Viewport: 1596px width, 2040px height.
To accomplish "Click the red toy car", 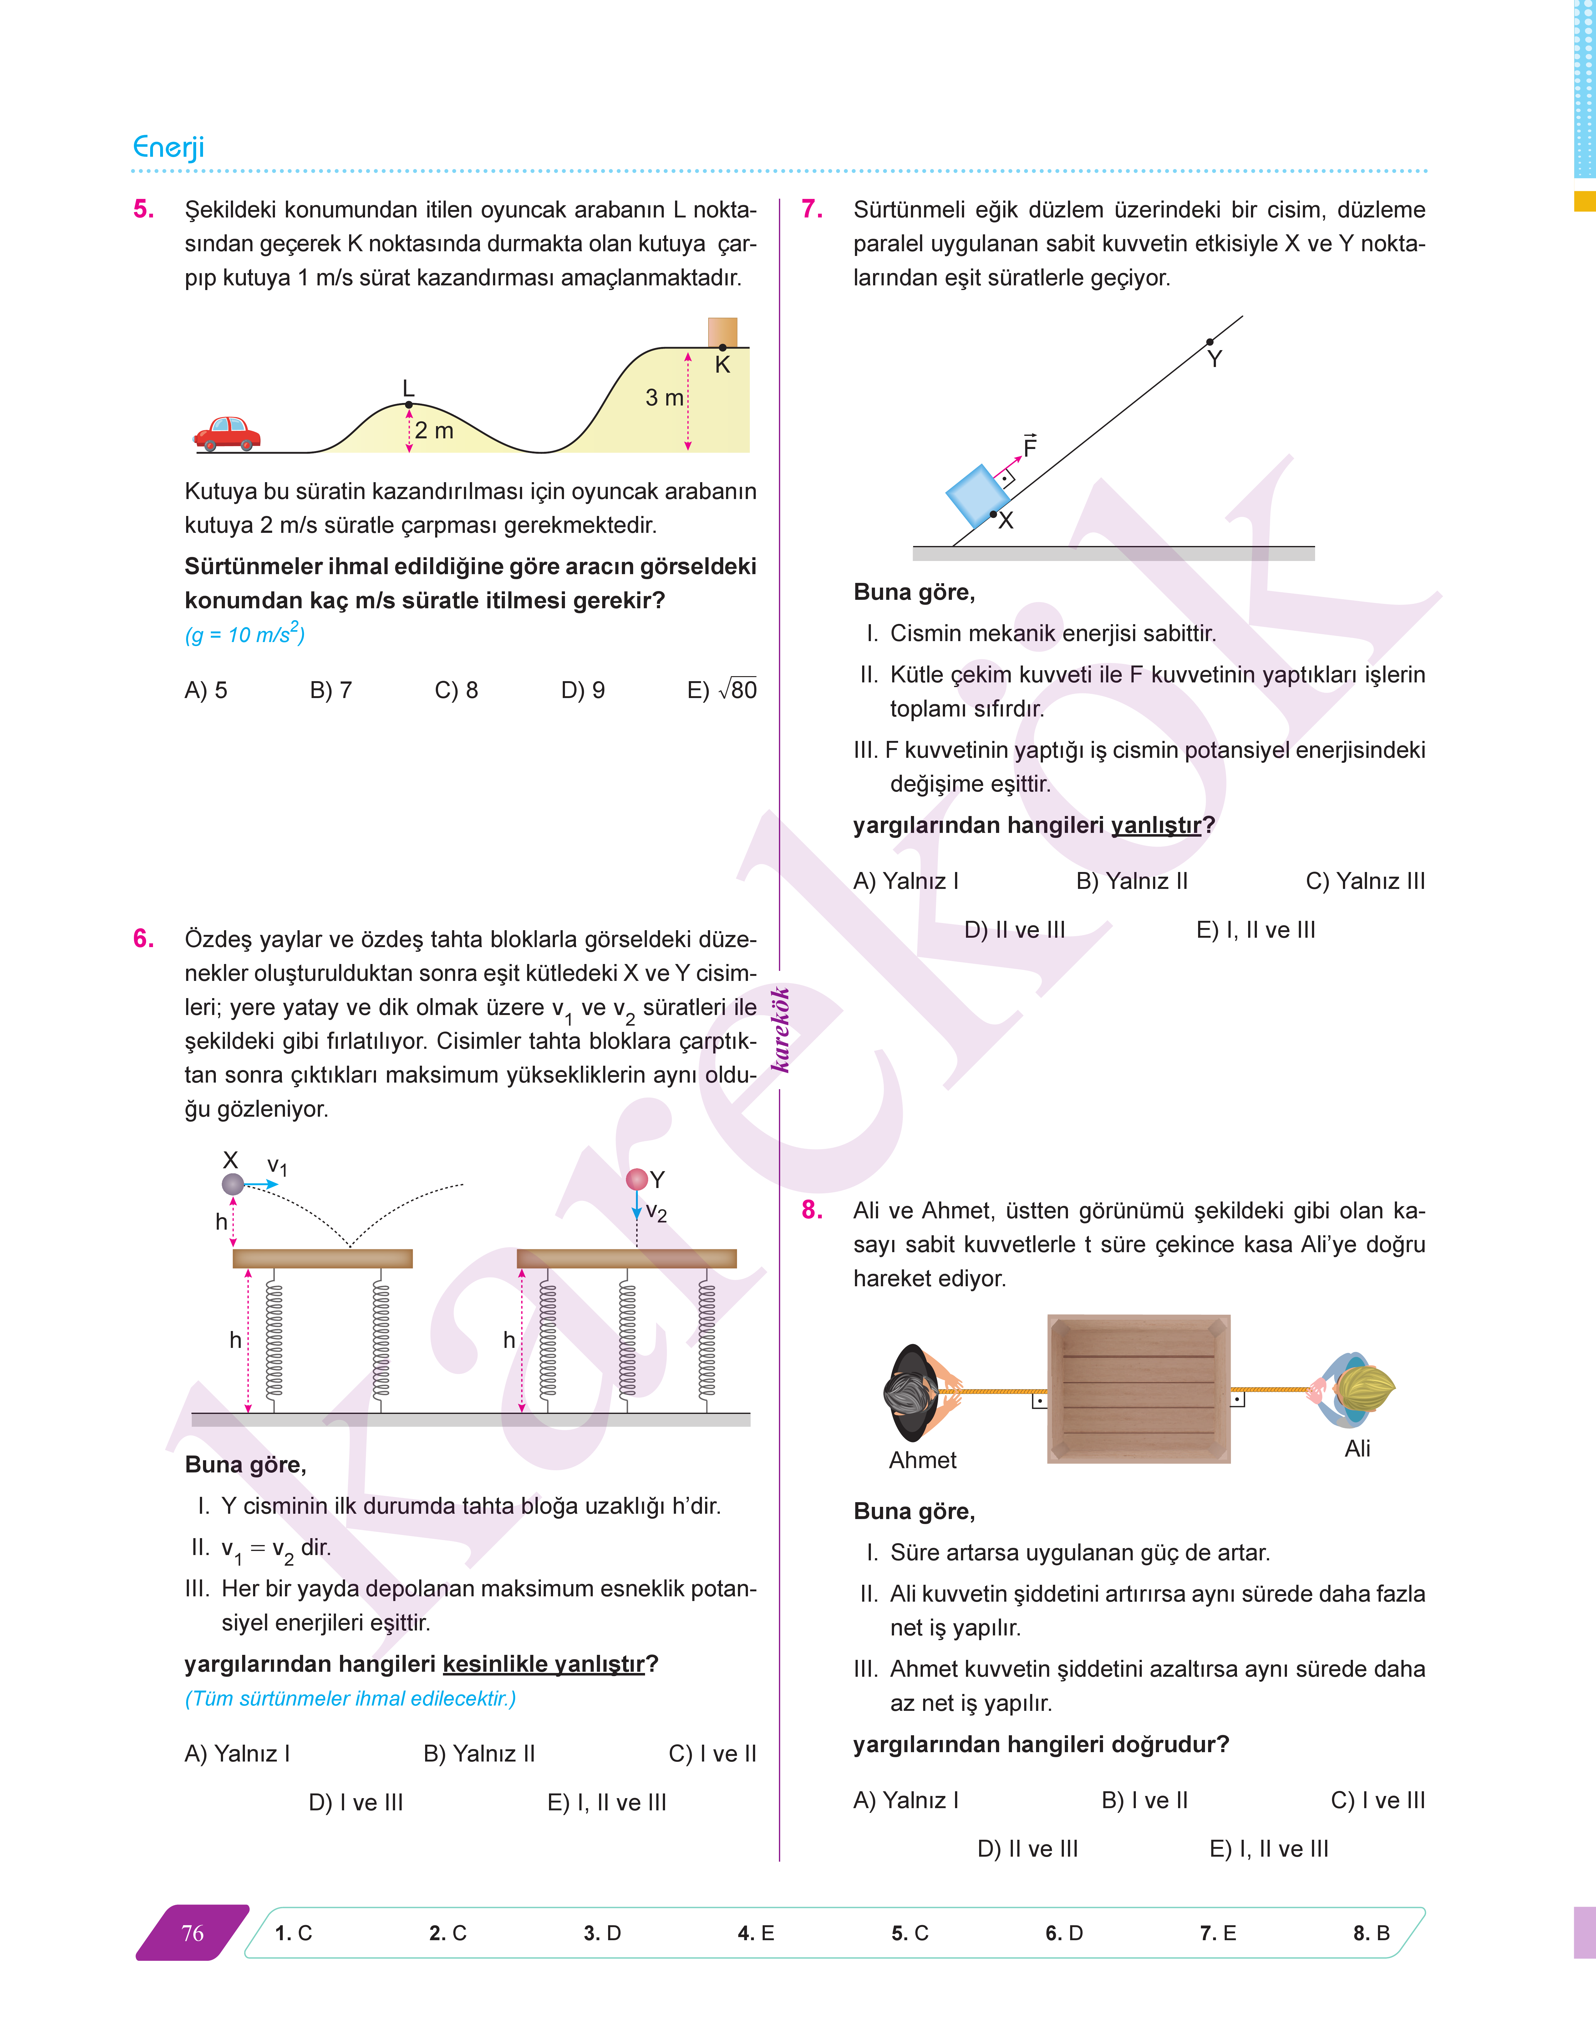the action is [x=227, y=434].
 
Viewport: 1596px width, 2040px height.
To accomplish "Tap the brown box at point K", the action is [x=722, y=332].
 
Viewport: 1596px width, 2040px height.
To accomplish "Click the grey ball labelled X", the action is [x=233, y=1184].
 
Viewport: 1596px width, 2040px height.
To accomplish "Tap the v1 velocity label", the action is [x=277, y=1166].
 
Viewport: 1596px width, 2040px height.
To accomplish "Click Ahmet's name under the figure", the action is [x=922, y=1460].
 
